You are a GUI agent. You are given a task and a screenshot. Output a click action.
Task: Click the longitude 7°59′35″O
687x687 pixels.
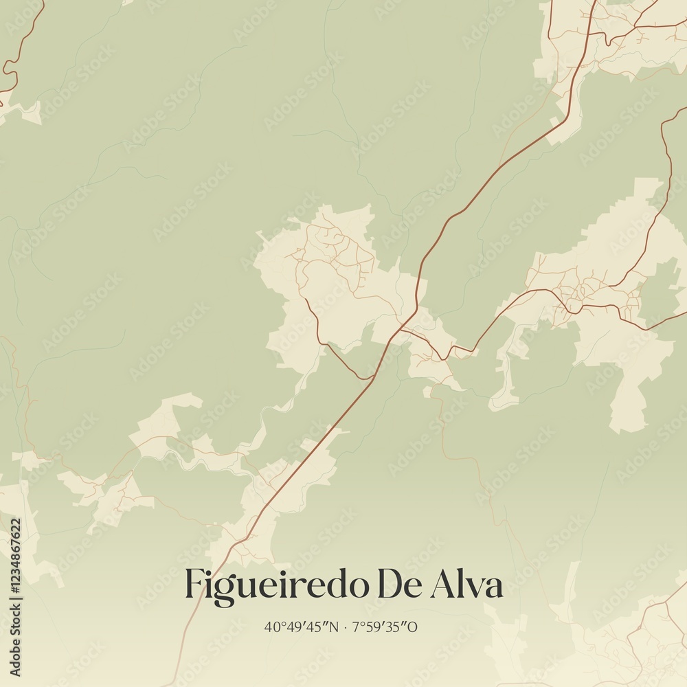pyautogui.click(x=385, y=627)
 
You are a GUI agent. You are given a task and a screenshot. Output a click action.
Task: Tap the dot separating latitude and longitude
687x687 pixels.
pyautogui.click(x=346, y=627)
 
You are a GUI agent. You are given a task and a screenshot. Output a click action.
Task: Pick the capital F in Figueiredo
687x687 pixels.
pyautogui.click(x=194, y=585)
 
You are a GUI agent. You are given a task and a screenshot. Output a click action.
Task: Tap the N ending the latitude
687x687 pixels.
pyautogui.click(x=335, y=627)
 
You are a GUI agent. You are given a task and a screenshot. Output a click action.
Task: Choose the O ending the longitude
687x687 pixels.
pyautogui.click(x=414, y=627)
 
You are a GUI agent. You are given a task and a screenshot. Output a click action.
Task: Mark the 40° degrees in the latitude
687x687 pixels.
pyautogui.click(x=273, y=627)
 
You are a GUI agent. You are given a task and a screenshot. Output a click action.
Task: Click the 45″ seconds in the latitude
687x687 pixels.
pyautogui.click(x=319, y=627)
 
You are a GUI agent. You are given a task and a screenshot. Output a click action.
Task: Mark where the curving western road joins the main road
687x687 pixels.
pyautogui.click(x=372, y=377)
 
